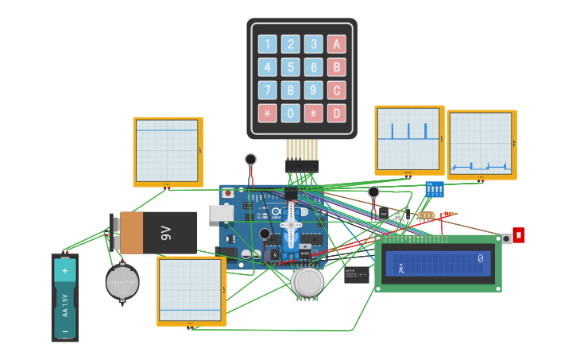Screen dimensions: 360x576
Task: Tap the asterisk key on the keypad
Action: pos(268,113)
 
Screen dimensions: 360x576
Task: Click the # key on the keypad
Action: pos(314,113)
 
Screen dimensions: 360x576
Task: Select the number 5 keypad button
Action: pos(291,67)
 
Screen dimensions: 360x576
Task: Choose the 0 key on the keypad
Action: pos(291,113)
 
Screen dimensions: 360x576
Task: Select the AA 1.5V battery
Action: pos(65,298)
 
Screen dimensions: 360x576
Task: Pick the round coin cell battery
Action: pos(122,282)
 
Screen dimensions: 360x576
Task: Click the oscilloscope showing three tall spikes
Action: pos(409,140)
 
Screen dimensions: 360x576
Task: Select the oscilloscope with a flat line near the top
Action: pos(168,152)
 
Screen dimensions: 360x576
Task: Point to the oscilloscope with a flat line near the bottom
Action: pos(191,291)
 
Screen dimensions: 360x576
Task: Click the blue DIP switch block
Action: pos(435,189)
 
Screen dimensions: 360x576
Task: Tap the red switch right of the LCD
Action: pos(518,235)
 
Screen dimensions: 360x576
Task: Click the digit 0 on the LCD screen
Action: pos(481,258)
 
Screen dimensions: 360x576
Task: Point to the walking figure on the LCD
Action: pos(400,269)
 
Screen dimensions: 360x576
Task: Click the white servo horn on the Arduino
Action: pos(291,225)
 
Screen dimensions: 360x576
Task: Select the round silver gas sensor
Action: pos(307,281)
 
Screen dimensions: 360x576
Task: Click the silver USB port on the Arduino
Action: pos(221,213)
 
